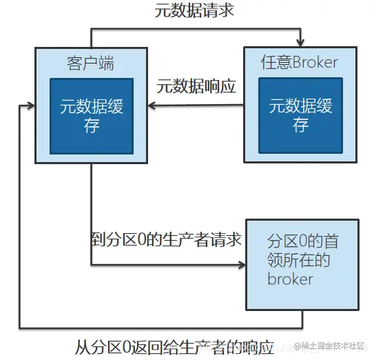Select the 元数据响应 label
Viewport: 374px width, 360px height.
click(x=196, y=86)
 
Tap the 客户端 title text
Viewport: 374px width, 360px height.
click(x=90, y=63)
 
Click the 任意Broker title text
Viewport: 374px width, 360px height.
click(x=299, y=63)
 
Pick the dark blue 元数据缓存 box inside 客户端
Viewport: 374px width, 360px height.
click(x=91, y=115)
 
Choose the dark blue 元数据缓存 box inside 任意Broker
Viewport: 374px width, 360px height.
click(x=300, y=115)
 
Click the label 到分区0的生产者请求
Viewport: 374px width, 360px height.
click(x=166, y=239)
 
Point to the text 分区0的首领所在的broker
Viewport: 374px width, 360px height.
click(x=302, y=260)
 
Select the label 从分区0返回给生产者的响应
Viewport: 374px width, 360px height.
click(x=175, y=344)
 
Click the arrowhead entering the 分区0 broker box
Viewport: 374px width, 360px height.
click(x=242, y=264)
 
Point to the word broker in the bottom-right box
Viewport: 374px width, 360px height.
click(x=290, y=279)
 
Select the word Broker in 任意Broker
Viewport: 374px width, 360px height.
click(x=315, y=63)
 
